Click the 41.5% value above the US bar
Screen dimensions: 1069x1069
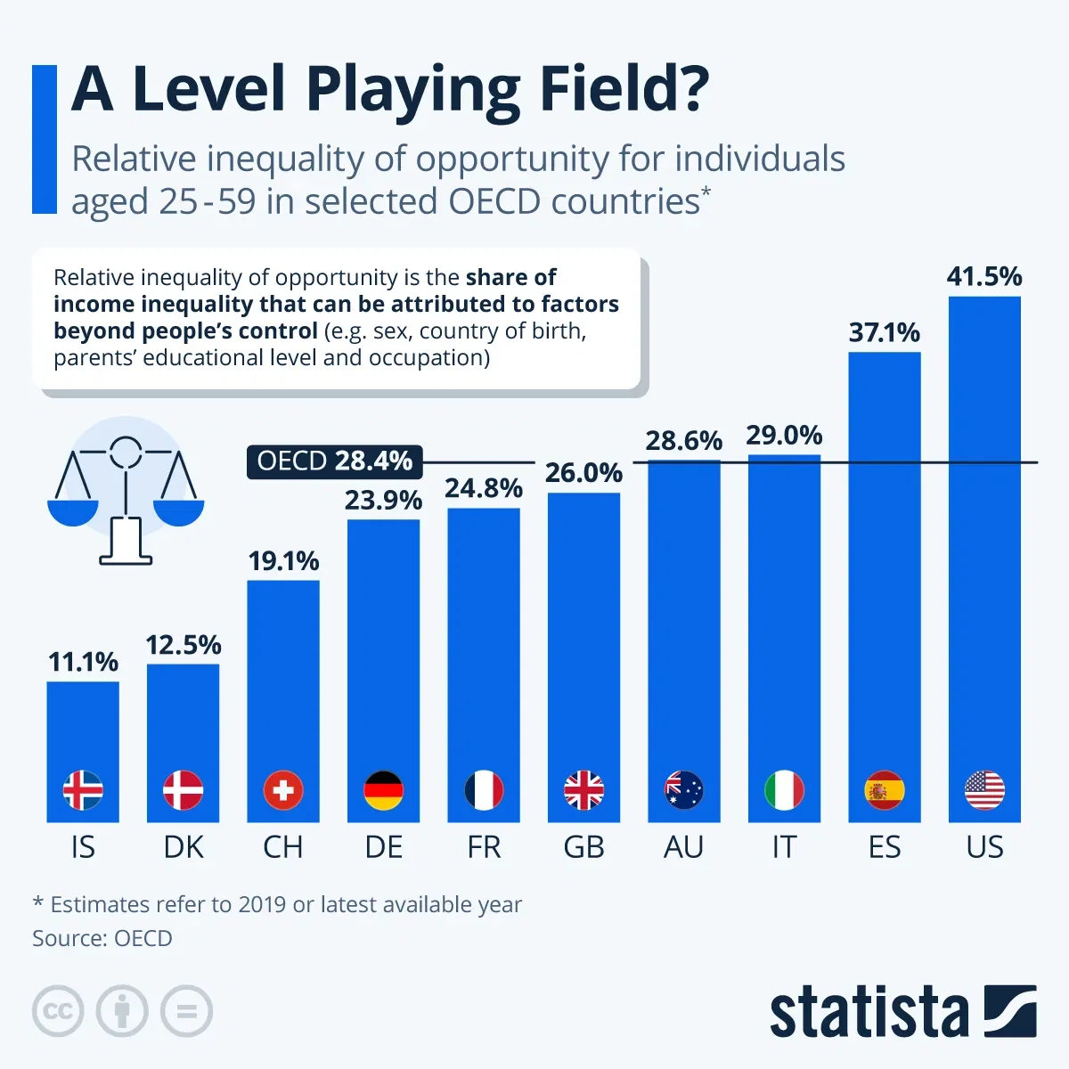click(x=984, y=277)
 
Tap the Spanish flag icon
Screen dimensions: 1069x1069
click(x=885, y=790)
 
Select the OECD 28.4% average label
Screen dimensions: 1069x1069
click(x=334, y=461)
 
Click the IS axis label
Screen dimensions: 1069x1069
click(x=83, y=846)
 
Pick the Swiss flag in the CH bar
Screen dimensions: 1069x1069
click(x=283, y=790)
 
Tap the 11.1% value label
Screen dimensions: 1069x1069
click(x=83, y=662)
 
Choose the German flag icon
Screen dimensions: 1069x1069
click(x=384, y=790)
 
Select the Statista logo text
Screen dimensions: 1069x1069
click(x=869, y=1012)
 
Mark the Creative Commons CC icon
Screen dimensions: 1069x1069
click(x=58, y=1011)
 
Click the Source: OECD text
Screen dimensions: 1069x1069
click(x=102, y=938)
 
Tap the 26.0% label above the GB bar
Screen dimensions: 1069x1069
click(x=583, y=473)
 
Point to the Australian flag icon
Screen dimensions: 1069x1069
click(x=684, y=790)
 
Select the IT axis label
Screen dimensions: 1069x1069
click(x=784, y=846)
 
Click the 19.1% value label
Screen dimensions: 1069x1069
click(x=283, y=561)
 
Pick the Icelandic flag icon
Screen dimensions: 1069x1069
click(x=83, y=790)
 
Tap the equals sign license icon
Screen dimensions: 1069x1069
click(x=186, y=1011)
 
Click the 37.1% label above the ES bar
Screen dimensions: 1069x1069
click(x=885, y=333)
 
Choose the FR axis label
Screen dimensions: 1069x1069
click(x=484, y=846)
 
